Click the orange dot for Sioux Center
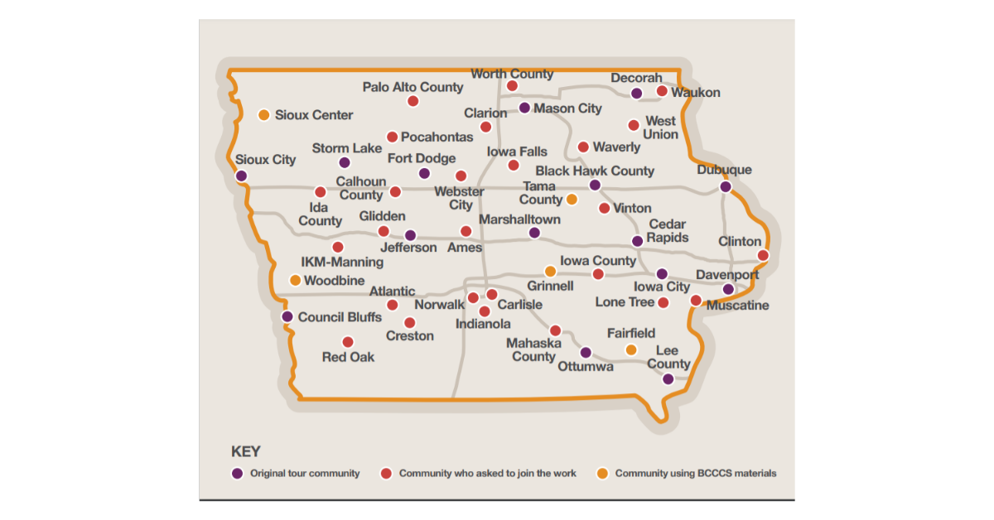pyautogui.click(x=263, y=115)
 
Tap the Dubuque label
pyautogui.click(x=725, y=170)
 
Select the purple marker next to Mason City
pyautogui.click(x=524, y=108)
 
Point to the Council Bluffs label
pyautogui.click(x=340, y=317)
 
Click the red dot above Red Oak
pyautogui.click(x=348, y=342)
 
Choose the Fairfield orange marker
pyautogui.click(x=631, y=350)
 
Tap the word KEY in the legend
pyautogui.click(x=245, y=452)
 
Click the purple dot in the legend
pyautogui.click(x=237, y=474)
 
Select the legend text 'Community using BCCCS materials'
pyautogui.click(x=696, y=474)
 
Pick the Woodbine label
pyautogui.click(x=334, y=281)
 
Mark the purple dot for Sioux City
pyautogui.click(x=241, y=176)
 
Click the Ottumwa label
pyautogui.click(x=586, y=366)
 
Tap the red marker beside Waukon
pyautogui.click(x=662, y=91)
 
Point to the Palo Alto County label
pyautogui.click(x=413, y=87)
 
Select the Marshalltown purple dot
pyautogui.click(x=534, y=234)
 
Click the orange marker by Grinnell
pyautogui.click(x=550, y=271)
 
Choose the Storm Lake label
pyautogui.click(x=347, y=148)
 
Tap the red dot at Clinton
pyautogui.click(x=763, y=255)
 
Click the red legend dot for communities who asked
pyautogui.click(x=386, y=474)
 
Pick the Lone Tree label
pyautogui.click(x=625, y=302)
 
